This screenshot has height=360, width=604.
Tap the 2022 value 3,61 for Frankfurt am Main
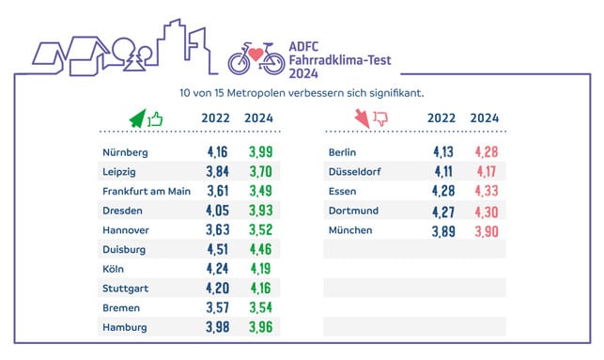217,191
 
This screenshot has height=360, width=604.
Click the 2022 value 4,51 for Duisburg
217,249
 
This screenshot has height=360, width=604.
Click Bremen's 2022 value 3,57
217,307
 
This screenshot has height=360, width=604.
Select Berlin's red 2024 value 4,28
485,152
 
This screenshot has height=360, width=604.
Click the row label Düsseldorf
354,172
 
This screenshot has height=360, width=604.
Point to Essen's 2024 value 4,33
485,191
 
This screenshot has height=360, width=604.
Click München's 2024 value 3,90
485,230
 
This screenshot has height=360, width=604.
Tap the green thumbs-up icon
153,118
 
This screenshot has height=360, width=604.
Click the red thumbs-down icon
380,118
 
